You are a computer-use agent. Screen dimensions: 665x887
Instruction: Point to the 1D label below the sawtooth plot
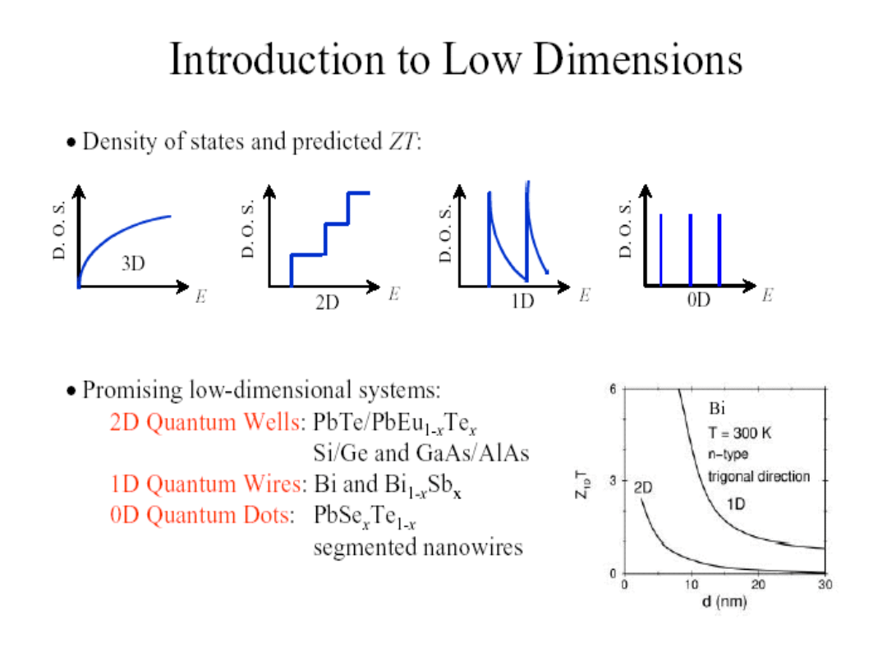pyautogui.click(x=522, y=301)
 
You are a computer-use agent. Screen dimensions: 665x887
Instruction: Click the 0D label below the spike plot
pyautogui.click(x=698, y=301)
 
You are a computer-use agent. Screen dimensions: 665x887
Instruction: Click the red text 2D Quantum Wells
pyautogui.click(x=205, y=422)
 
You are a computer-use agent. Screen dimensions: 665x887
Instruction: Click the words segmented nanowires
pyautogui.click(x=418, y=547)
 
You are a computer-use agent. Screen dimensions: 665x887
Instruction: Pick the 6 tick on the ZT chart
pyautogui.click(x=613, y=389)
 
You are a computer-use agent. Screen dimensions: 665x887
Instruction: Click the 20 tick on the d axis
pyautogui.click(x=759, y=585)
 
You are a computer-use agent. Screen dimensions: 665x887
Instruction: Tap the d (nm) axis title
pyautogui.click(x=724, y=603)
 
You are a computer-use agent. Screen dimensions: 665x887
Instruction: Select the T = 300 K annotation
pyautogui.click(x=739, y=433)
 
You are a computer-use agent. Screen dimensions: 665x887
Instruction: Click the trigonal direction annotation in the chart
pyautogui.click(x=759, y=476)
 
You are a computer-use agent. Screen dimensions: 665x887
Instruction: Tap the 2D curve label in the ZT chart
pyautogui.click(x=643, y=486)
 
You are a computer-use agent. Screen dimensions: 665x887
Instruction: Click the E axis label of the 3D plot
pyautogui.click(x=200, y=296)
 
